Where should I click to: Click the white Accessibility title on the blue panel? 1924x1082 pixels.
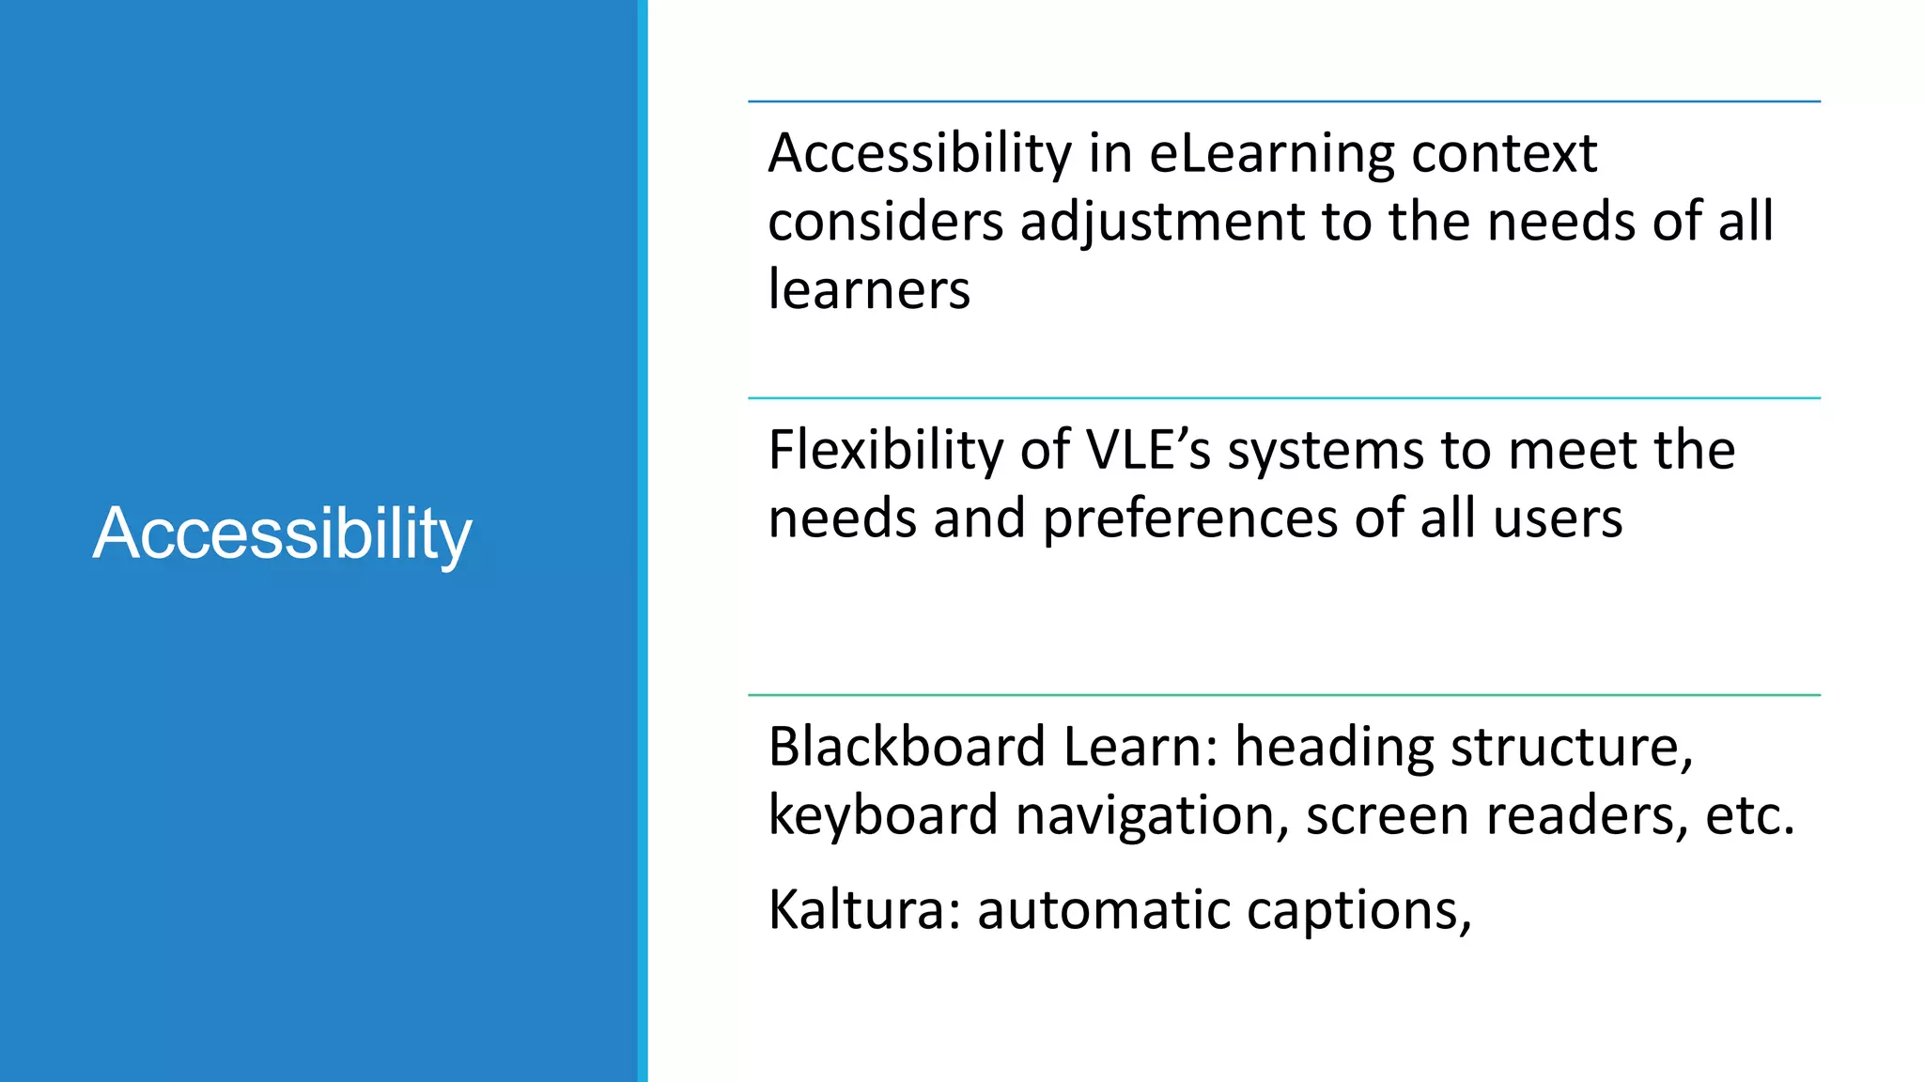tap(282, 533)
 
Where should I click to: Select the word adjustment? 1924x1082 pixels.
tap(1162, 223)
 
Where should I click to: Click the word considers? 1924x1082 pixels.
tap(885, 223)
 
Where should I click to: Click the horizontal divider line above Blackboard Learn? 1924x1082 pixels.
tap(1283, 695)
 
